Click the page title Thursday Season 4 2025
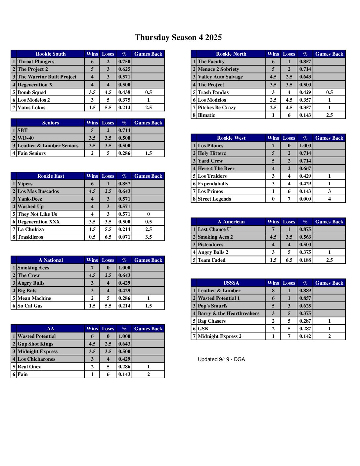coord(178,37)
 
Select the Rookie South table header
coord(51,54)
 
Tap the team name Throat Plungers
coord(36,62)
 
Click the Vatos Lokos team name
coord(31,108)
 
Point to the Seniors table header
coord(51,123)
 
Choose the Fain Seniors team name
coord(31,153)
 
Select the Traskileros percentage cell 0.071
coord(124,237)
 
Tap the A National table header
coord(51,260)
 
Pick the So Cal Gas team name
coord(30,306)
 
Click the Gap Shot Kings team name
coord(35,344)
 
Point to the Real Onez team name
coord(29,367)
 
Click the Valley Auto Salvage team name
coord(220,77)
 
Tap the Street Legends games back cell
coord(329,199)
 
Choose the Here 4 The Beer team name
coord(216,168)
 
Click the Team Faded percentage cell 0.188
coord(305,260)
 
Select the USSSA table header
coord(231,283)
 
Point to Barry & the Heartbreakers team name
coord(228,313)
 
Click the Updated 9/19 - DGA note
coord(221,359)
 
